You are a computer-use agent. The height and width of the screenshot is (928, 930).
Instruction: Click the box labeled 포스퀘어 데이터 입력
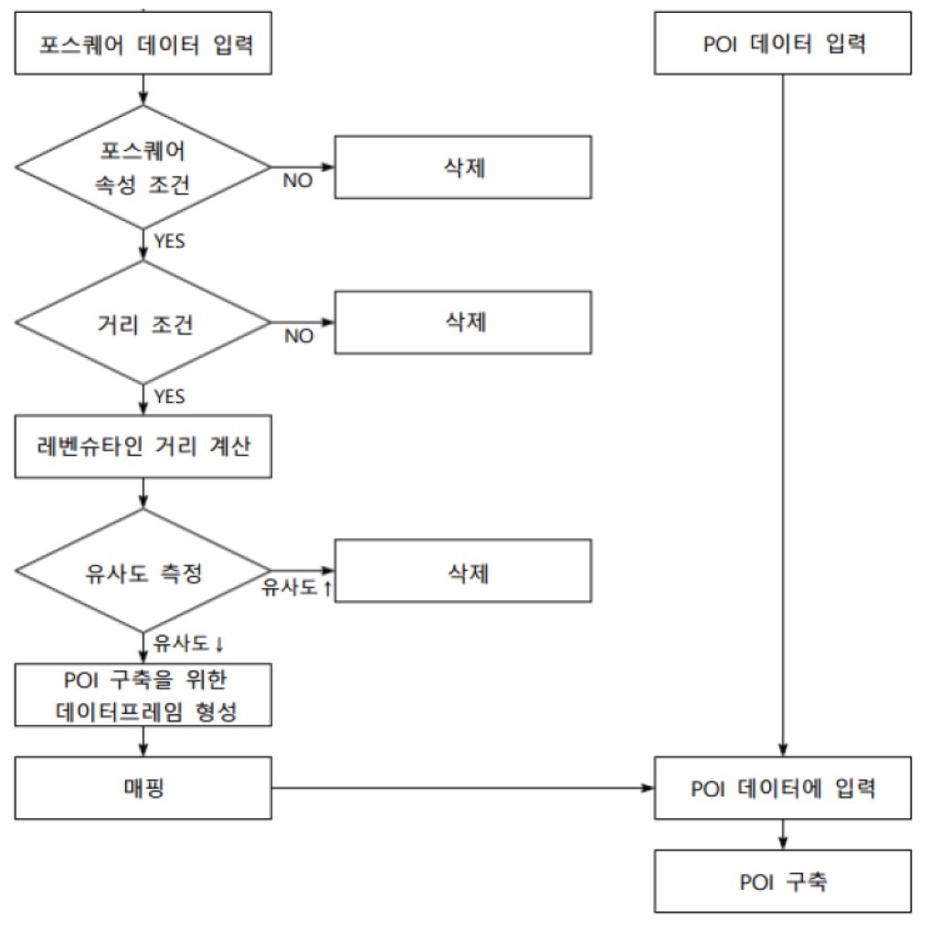pos(144,42)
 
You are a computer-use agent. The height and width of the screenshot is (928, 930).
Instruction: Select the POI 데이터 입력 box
pos(783,43)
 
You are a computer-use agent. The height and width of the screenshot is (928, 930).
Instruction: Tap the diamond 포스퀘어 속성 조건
pos(143,167)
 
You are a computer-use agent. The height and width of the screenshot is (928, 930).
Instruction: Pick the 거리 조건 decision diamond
pos(143,322)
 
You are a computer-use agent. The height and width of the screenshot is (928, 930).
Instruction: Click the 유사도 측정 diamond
pos(143,573)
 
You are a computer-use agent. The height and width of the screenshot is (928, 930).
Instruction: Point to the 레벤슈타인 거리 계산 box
pos(144,447)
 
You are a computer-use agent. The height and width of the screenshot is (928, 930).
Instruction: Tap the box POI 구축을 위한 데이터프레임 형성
pos(144,695)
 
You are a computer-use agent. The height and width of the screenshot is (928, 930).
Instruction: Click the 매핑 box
pos(144,787)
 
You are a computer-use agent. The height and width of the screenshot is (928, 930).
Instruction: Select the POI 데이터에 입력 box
pos(783,788)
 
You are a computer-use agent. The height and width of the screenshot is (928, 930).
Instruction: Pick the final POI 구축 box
pos(783,881)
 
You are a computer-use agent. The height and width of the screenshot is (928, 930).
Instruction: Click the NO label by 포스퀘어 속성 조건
pos(297,181)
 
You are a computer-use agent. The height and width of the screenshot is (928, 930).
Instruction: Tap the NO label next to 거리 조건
pos(298,336)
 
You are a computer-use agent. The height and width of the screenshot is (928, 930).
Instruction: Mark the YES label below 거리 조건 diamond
pos(169,396)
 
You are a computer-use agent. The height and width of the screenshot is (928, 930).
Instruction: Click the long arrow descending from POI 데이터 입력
pos(783,411)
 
